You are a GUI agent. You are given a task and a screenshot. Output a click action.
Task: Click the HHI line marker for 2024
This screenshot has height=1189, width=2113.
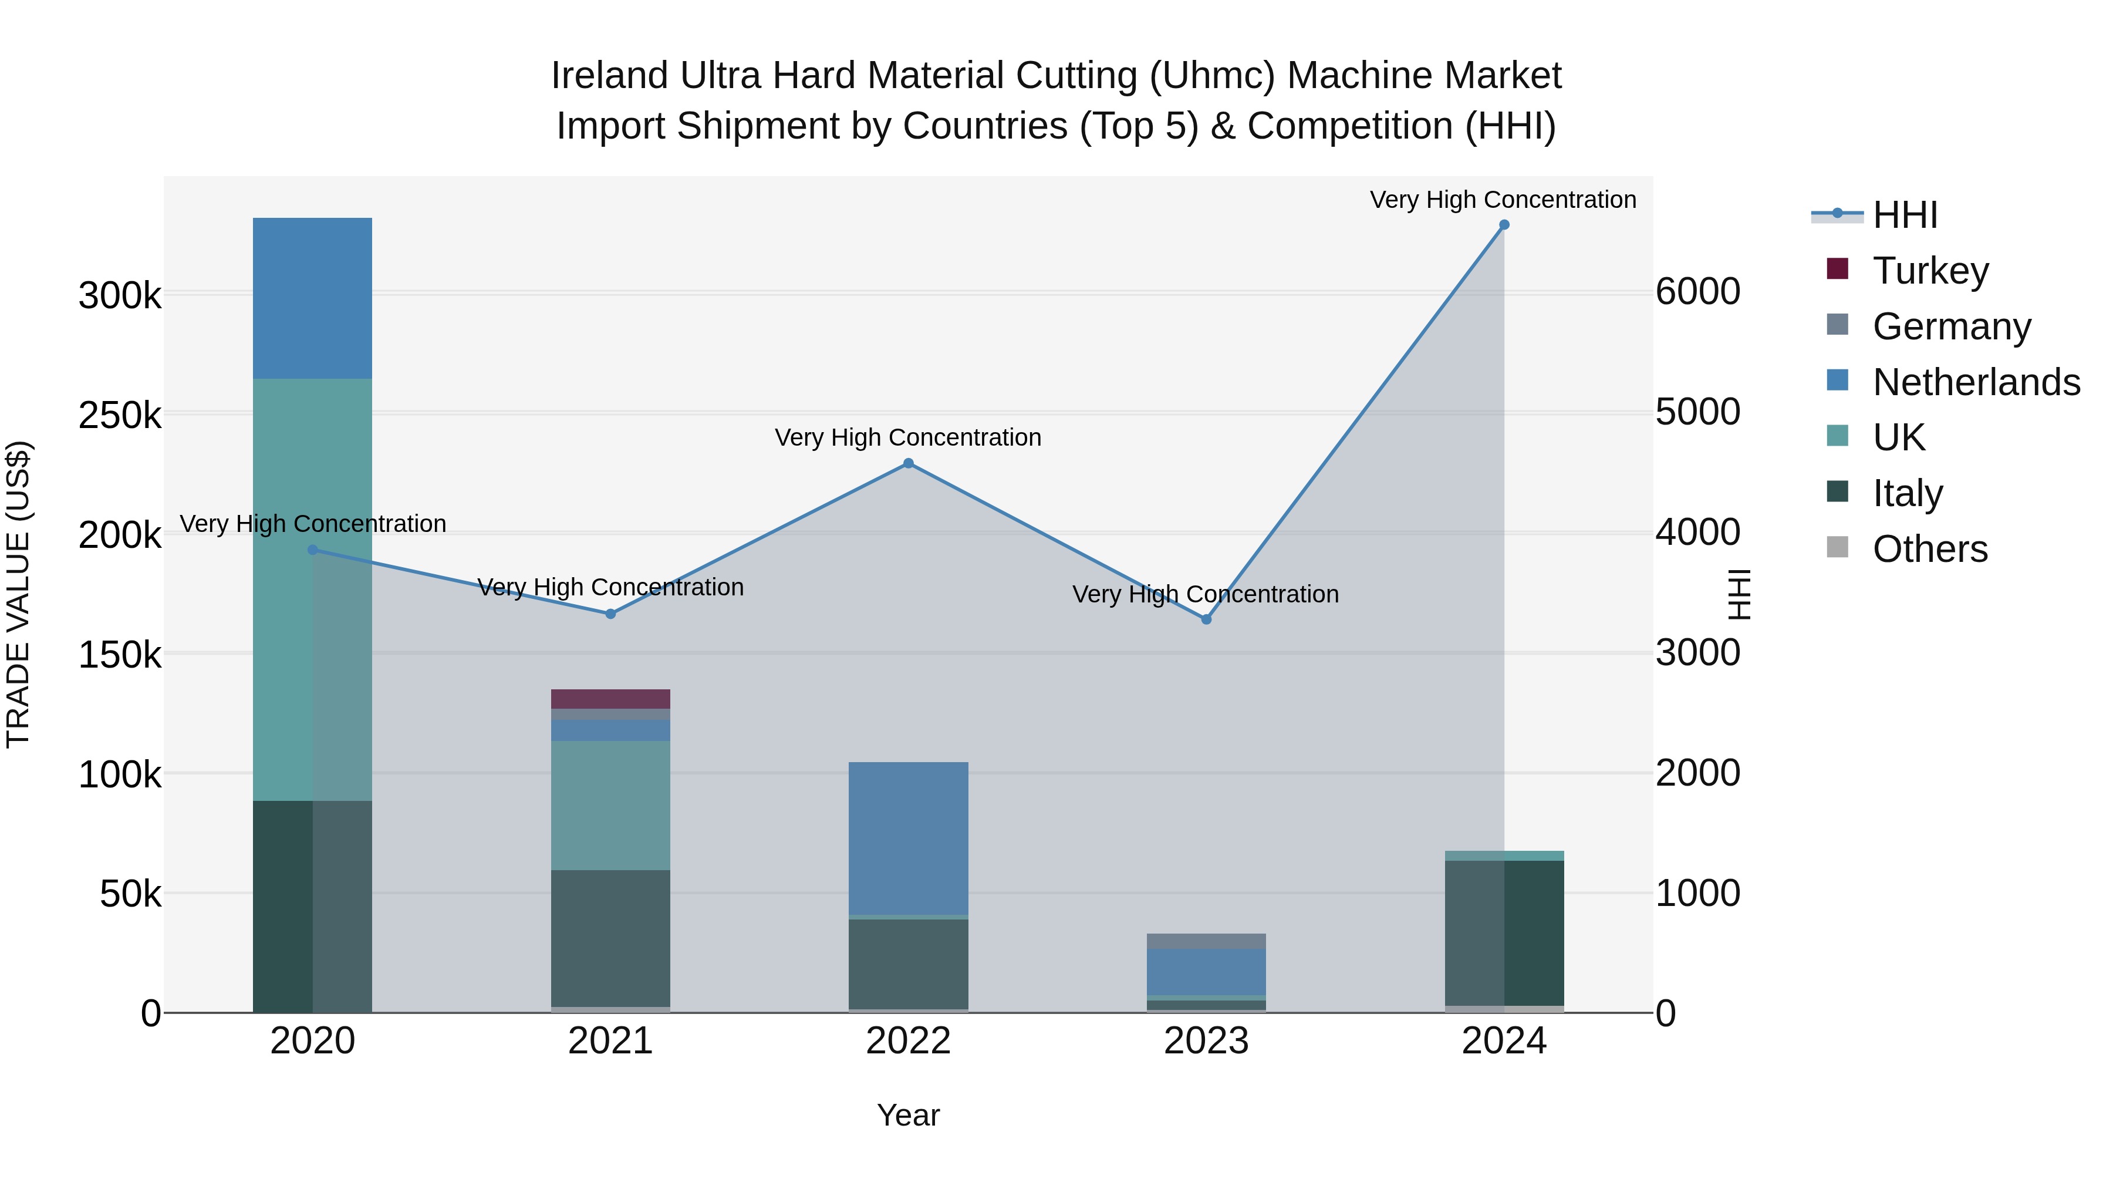[1504, 225]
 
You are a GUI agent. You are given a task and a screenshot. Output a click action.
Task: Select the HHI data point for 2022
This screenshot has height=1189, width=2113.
[908, 464]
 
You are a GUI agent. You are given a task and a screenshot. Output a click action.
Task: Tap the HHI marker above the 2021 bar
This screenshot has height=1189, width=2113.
[610, 614]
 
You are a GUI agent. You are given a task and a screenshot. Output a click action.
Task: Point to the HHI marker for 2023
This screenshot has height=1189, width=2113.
[1206, 619]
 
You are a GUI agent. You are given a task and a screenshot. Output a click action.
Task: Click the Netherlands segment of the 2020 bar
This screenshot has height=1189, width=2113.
[312, 298]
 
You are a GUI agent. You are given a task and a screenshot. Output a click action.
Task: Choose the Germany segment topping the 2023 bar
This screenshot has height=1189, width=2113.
[1206, 941]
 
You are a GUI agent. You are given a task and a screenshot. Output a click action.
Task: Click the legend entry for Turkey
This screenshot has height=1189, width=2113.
[1929, 271]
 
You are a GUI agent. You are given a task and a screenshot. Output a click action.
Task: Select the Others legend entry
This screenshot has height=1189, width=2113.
[1929, 549]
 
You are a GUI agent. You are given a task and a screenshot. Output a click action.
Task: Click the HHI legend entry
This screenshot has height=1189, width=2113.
[1905, 215]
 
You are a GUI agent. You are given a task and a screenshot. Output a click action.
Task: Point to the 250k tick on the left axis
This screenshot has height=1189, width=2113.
[120, 415]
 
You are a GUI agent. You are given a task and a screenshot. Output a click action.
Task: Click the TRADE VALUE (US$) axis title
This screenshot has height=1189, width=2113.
[18, 594]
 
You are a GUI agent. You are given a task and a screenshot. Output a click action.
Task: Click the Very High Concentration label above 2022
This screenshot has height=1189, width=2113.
[908, 438]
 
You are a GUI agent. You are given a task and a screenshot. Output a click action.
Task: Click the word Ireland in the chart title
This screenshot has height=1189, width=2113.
[609, 76]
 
